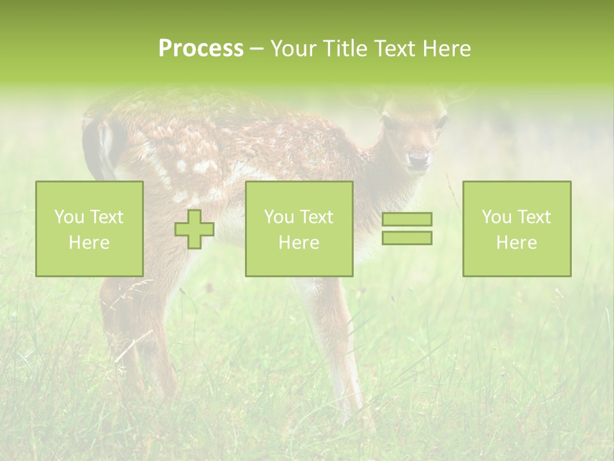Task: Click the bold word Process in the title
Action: pyautogui.click(x=201, y=49)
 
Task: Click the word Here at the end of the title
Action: pyautogui.click(x=446, y=49)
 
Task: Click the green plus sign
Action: pyautogui.click(x=194, y=229)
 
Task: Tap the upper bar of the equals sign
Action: pyautogui.click(x=407, y=219)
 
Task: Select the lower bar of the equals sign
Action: pyautogui.click(x=407, y=238)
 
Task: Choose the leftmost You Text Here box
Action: pyautogui.click(x=90, y=229)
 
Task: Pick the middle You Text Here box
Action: pyautogui.click(x=299, y=229)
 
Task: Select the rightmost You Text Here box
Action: pyautogui.click(x=516, y=229)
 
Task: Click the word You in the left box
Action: pyautogui.click(x=68, y=217)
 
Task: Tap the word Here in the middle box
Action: pyautogui.click(x=299, y=243)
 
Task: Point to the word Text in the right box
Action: pyautogui.click(x=533, y=217)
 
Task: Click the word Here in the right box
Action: pyautogui.click(x=516, y=243)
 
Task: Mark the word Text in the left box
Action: pyautogui.click(x=106, y=217)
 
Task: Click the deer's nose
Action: pyautogui.click(x=418, y=161)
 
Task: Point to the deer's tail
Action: pyautogui.click(x=102, y=147)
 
